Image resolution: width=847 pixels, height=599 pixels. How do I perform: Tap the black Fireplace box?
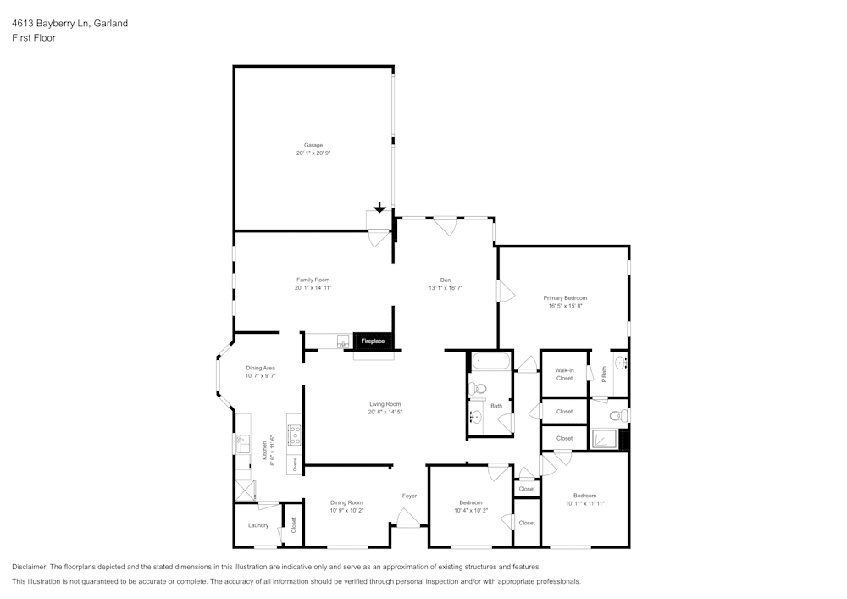click(374, 341)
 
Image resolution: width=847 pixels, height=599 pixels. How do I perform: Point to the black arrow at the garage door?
click(379, 208)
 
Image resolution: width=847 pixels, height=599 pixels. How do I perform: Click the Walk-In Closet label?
click(564, 374)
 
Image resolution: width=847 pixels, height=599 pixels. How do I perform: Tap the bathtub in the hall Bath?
click(490, 362)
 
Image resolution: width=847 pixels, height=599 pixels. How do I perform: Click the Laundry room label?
click(258, 525)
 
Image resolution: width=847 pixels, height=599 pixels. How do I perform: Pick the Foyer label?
click(409, 496)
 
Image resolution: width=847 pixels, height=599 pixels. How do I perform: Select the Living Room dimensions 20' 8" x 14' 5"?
click(385, 412)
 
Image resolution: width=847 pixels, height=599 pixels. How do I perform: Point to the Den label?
click(445, 280)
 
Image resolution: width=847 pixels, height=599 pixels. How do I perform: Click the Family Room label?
click(313, 280)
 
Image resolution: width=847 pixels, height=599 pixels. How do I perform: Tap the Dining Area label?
click(260, 368)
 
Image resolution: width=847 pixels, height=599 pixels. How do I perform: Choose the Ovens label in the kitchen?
click(295, 464)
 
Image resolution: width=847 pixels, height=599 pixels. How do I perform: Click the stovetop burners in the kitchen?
click(295, 435)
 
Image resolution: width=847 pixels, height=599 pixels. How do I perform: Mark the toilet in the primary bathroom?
click(618, 416)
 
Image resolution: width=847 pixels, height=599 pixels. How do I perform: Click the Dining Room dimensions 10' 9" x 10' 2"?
click(346, 511)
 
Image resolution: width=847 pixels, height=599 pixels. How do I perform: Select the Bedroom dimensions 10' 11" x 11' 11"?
click(584, 503)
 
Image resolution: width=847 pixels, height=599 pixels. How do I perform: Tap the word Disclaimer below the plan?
click(30, 567)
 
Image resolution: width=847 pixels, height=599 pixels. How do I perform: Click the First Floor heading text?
click(34, 38)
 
